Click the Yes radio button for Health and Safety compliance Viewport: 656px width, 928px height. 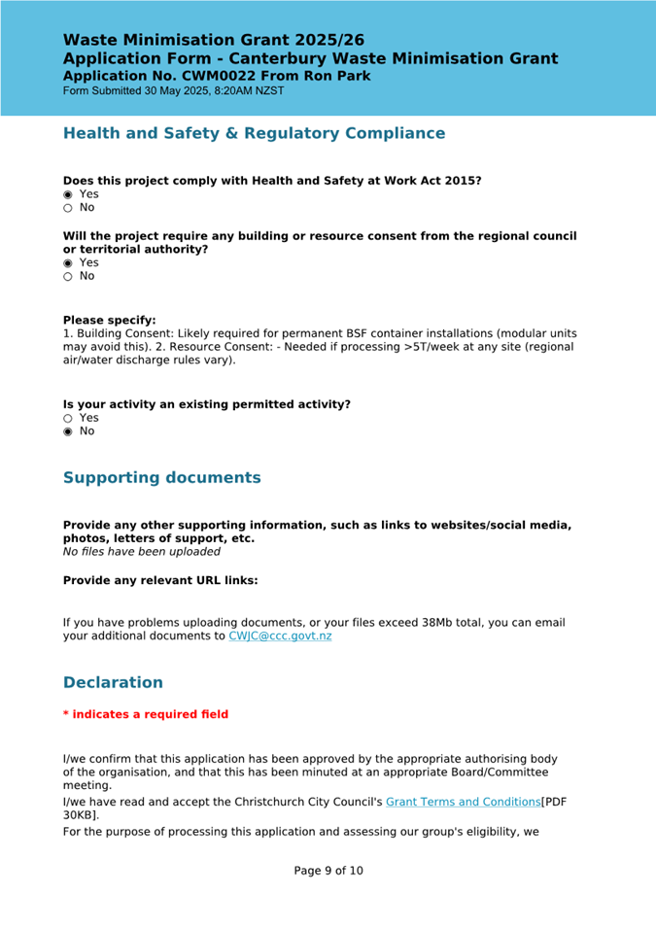pos(68,194)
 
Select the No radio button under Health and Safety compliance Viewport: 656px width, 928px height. pos(68,208)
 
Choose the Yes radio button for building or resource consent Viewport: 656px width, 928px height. pos(68,263)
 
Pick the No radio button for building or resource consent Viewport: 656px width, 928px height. pos(68,277)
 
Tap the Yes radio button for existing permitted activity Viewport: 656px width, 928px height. pos(68,418)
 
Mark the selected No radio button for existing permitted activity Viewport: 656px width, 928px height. pos(68,431)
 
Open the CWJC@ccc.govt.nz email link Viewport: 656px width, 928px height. pos(280,636)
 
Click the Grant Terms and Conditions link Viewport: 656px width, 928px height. pos(463,802)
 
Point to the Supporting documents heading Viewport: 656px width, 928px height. pos(161,478)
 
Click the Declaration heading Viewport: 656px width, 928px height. pos(113,683)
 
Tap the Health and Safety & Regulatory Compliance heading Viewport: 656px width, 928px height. pos(254,133)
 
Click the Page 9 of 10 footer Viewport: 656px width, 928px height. pos(328,871)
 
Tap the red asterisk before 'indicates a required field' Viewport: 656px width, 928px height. pos(66,714)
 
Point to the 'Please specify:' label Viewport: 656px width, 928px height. pos(109,320)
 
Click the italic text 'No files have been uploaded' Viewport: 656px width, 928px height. pos(141,552)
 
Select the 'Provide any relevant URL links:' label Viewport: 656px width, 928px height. pos(160,581)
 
